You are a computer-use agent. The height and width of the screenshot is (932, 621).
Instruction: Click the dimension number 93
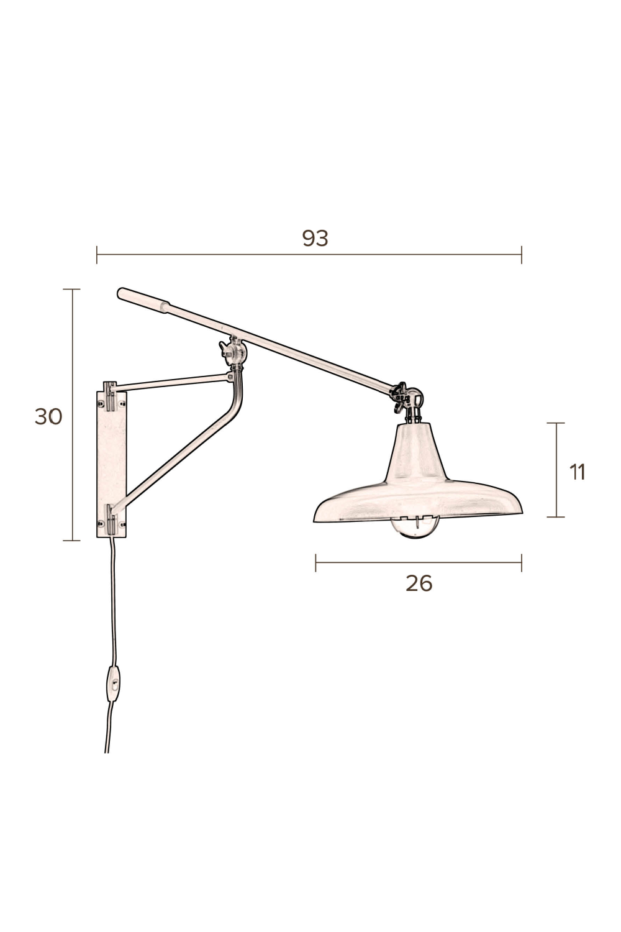coord(315,238)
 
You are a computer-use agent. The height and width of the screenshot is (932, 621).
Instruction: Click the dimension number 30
coord(48,416)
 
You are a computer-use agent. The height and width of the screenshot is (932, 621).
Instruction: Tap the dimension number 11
coord(578,472)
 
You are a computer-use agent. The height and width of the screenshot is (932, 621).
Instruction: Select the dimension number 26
coord(419,583)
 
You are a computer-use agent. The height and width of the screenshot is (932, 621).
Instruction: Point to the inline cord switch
coord(114,683)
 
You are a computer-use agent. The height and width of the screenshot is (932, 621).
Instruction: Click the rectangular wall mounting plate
coord(112,463)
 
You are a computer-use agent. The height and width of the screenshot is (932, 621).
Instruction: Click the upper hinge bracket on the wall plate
coord(111,396)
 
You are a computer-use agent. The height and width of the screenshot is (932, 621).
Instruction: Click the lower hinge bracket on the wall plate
coord(111,519)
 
